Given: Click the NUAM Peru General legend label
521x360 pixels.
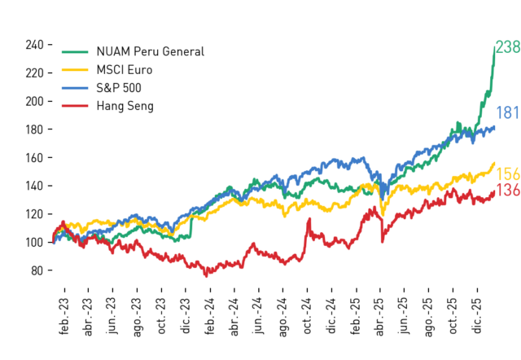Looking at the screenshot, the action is coord(150,51).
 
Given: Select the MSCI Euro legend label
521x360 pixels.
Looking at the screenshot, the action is coord(125,70).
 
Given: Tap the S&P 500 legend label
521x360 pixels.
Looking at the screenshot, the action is coord(119,88).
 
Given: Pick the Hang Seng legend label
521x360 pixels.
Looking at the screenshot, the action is coord(125,106).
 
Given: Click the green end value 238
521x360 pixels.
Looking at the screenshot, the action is coord(508,47).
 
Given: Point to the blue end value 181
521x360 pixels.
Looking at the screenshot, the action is coord(508,112).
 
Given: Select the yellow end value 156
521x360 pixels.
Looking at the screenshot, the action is coord(508,174).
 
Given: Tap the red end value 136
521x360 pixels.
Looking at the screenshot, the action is coord(508,190).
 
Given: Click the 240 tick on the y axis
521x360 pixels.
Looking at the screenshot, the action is coord(34,45).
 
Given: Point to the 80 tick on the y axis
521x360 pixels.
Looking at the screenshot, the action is coord(37,270).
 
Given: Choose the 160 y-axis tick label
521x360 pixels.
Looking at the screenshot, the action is coord(34,157).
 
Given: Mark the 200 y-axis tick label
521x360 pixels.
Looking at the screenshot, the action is coord(34,101).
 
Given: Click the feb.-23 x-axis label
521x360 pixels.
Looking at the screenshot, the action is coord(64,316).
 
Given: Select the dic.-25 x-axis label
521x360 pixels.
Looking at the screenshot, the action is coord(477,316).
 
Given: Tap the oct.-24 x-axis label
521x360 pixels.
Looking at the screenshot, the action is coord(307,316).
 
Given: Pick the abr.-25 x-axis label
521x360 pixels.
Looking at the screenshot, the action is coord(380,317).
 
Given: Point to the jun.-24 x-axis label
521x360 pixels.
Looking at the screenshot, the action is coord(259,316).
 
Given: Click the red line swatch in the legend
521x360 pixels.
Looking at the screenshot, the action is coord(75,106).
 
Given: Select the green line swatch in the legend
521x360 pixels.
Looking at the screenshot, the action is coord(75,52).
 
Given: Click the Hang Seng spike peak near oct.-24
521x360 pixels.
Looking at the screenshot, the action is coord(309,219).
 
